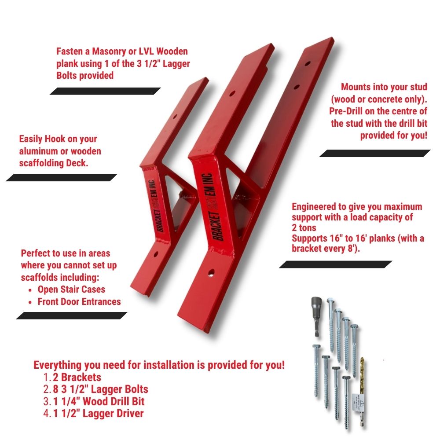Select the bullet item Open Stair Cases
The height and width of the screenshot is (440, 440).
pos(71,290)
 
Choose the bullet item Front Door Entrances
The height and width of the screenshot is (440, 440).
pos(79,302)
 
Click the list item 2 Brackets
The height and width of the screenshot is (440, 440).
pos(77,377)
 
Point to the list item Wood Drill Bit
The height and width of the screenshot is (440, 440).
pos(99,401)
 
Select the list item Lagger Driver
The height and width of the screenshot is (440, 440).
pos(98,413)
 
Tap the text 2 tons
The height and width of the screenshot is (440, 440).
pos(304,227)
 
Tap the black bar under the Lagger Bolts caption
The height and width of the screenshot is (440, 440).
pos(105,91)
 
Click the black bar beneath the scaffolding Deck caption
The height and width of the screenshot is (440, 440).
pos(62,178)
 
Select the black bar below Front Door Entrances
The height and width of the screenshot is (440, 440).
pos(72,315)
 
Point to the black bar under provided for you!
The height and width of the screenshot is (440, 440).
pos(375,153)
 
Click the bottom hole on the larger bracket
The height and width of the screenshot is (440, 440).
pos(211,273)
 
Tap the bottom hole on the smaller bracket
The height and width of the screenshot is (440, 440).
pos(156,254)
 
